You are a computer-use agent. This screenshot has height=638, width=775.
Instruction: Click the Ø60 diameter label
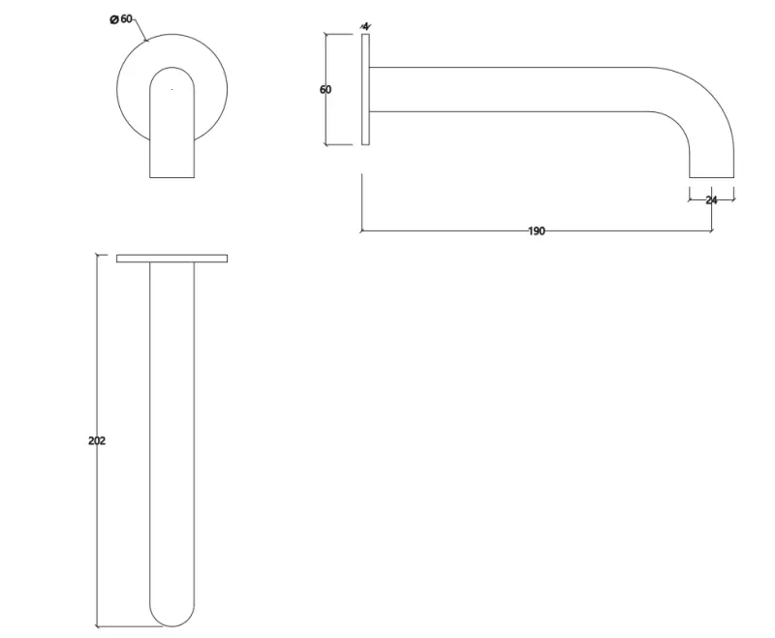pyautogui.click(x=122, y=18)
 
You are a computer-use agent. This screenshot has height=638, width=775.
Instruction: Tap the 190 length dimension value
pyautogui.click(x=537, y=231)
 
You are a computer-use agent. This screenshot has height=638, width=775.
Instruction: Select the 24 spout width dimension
pyautogui.click(x=711, y=200)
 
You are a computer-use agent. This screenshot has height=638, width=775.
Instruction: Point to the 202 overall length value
pyautogui.click(x=97, y=441)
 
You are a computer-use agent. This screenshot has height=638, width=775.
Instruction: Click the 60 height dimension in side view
pyautogui.click(x=325, y=90)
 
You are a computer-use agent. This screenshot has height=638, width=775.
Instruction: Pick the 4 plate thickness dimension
pyautogui.click(x=365, y=25)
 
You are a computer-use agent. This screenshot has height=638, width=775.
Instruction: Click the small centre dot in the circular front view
pyautogui.click(x=171, y=89)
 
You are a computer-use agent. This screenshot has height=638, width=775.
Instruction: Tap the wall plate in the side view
pyautogui.click(x=365, y=90)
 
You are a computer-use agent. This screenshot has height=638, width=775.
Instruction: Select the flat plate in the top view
pyautogui.click(x=171, y=258)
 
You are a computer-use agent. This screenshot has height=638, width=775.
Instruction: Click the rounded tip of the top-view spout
pyautogui.click(x=172, y=614)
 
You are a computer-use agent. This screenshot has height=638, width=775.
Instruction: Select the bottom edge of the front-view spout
pyautogui.click(x=172, y=177)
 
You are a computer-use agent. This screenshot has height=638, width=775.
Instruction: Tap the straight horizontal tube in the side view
pyautogui.click(x=513, y=89)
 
